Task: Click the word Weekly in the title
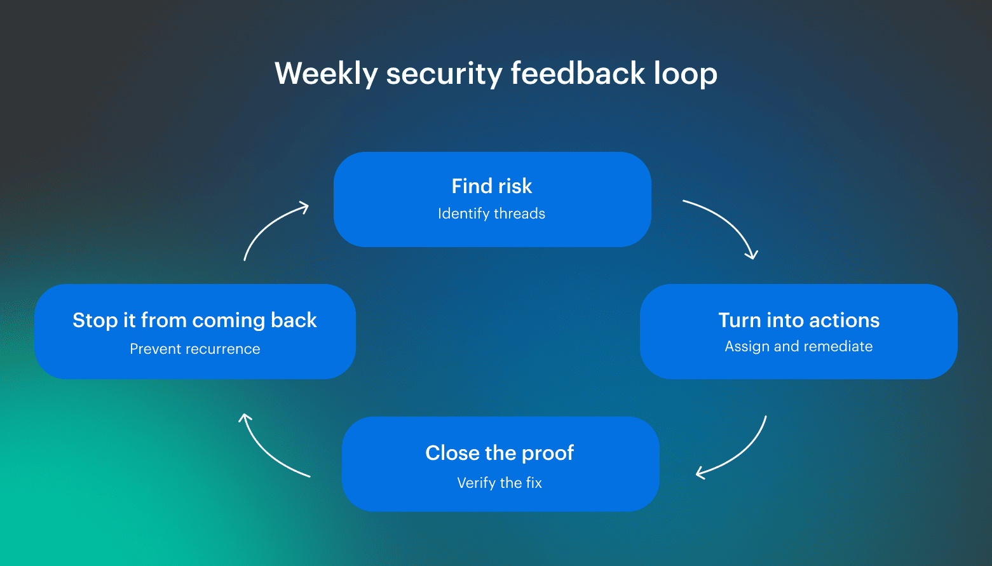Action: pos(325,73)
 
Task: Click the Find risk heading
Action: pos(491,186)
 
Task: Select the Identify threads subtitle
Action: pos(491,213)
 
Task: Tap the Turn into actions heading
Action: pos(799,320)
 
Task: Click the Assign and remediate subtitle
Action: pos(799,346)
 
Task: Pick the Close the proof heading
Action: pos(499,453)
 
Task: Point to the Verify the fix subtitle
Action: pos(499,483)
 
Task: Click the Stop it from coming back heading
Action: pos(194,320)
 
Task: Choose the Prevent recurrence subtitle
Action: pos(194,349)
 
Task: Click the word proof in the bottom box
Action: pos(547,453)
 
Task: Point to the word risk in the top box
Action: pos(515,186)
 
